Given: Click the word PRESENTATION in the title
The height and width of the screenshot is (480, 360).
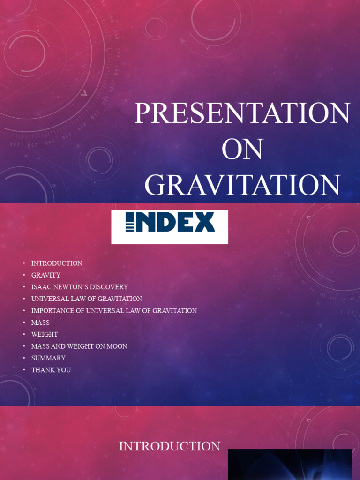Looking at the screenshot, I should click(242, 114).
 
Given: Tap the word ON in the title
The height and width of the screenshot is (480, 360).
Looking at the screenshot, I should click(242, 150).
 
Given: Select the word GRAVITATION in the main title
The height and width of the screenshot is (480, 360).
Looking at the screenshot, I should click(242, 185).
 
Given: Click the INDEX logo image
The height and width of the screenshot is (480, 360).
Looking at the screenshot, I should click(170, 226).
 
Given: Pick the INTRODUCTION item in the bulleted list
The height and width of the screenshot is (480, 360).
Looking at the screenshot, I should click(57, 263).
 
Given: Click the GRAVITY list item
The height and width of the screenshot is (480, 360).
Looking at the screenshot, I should click(46, 275).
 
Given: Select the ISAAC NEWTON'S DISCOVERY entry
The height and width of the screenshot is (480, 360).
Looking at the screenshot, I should click(80, 287).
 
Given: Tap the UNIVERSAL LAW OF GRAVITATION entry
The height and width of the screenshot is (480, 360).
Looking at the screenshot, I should click(87, 299).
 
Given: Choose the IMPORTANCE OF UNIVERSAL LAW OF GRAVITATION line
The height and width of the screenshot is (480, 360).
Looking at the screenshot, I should click(114, 311).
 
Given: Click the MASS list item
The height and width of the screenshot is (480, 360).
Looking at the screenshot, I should click(40, 322).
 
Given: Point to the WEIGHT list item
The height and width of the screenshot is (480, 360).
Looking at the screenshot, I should click(45, 334).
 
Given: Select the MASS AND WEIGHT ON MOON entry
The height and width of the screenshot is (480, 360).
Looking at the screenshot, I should click(79, 346).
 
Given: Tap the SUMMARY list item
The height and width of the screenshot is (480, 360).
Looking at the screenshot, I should click(48, 358).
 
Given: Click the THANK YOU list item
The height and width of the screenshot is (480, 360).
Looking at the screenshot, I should click(51, 370).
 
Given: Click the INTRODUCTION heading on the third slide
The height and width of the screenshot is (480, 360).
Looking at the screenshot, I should click(170, 446).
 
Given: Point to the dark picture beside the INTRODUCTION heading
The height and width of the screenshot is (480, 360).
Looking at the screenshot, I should click(290, 465).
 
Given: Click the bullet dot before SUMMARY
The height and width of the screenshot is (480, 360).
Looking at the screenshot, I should click(24, 358).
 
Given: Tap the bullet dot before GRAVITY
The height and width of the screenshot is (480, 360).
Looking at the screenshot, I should click(24, 275).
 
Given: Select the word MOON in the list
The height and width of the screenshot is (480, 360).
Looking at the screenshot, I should click(117, 346).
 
